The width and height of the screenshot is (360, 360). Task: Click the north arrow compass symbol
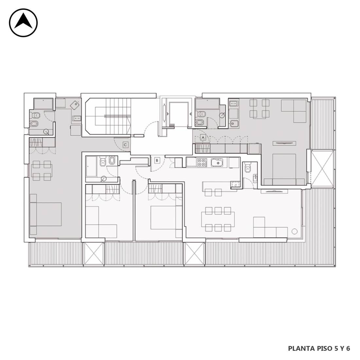23,23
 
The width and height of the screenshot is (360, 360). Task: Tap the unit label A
203,137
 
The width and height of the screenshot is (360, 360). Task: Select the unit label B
157,160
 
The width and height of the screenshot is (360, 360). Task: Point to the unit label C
125,145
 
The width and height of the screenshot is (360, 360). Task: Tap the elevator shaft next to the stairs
178,114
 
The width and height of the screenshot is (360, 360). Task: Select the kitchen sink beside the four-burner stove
217,163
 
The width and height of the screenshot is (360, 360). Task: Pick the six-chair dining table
218,219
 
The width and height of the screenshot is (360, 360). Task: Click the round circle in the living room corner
295,231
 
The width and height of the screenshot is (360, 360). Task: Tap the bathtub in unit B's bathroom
91,166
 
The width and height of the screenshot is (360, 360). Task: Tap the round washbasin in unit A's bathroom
222,115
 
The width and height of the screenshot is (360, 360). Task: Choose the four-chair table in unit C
42,171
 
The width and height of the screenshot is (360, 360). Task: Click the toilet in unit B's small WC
247,167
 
